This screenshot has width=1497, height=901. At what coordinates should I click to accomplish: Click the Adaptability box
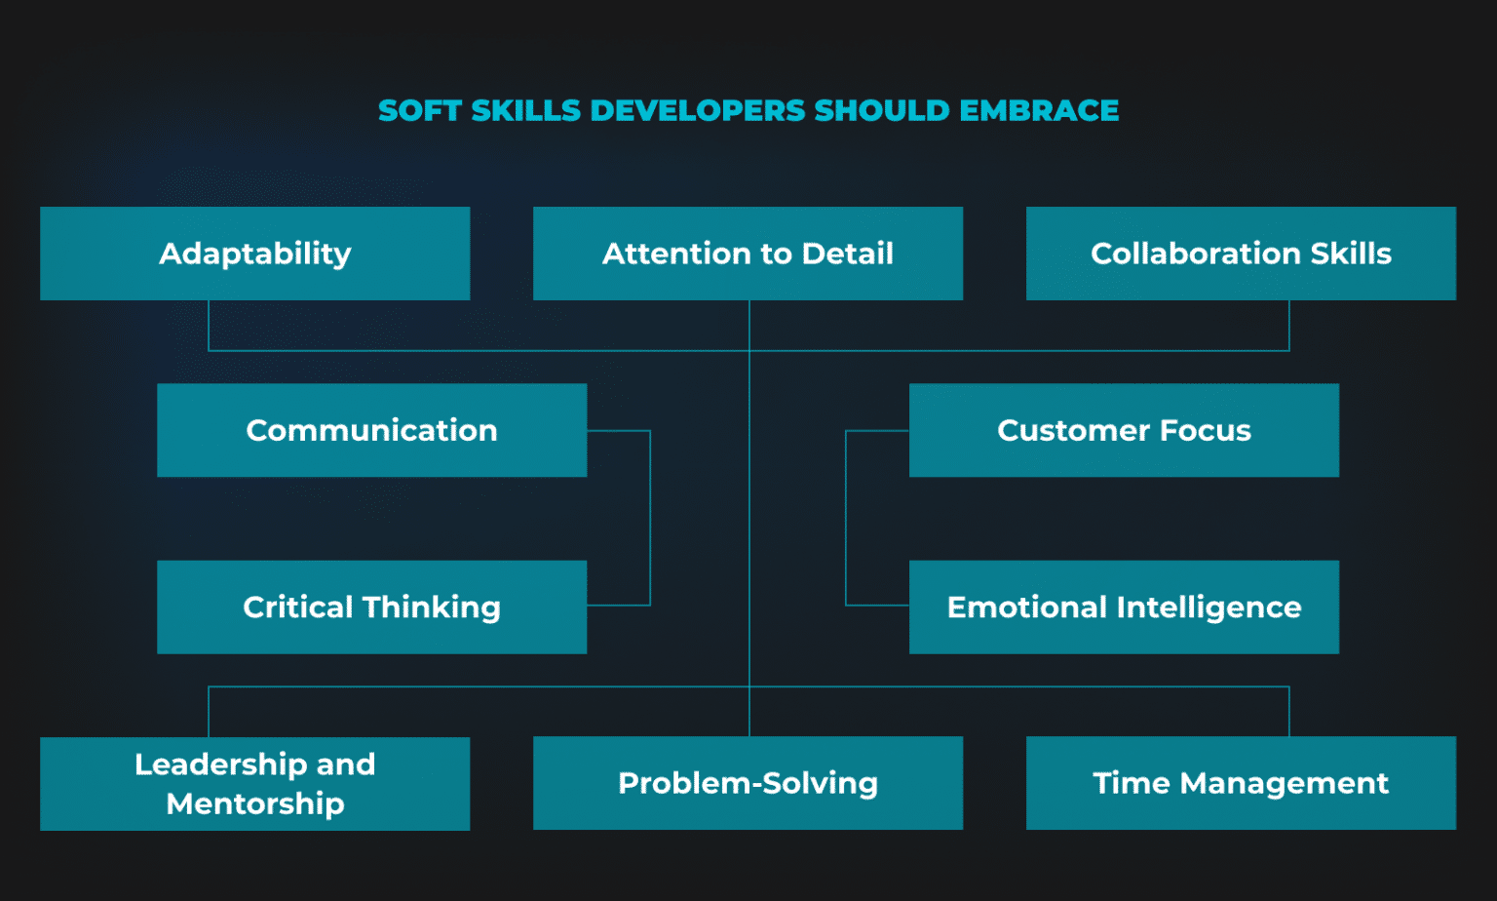pyautogui.click(x=254, y=254)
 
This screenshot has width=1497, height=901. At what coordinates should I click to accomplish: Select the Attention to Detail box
pyautogui.click(x=748, y=254)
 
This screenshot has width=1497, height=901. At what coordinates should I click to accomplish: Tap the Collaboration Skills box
pyautogui.click(x=1241, y=254)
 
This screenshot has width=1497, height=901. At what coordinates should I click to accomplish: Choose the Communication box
pyautogui.click(x=371, y=430)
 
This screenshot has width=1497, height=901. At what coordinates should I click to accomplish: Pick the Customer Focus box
pyautogui.click(x=1124, y=430)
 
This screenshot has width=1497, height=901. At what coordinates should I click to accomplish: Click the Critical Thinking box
pyautogui.click(x=371, y=607)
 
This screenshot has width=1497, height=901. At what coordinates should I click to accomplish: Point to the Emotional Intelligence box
pyautogui.click(x=1124, y=607)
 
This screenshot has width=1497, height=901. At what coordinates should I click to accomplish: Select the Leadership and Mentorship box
pyautogui.click(x=254, y=783)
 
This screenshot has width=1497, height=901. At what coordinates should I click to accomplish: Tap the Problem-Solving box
pyautogui.click(x=748, y=783)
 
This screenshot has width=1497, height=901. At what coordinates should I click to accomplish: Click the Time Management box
pyautogui.click(x=1241, y=783)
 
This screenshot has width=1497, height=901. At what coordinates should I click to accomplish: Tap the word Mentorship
pyautogui.click(x=255, y=803)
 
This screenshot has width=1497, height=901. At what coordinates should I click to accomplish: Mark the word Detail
pyautogui.click(x=847, y=254)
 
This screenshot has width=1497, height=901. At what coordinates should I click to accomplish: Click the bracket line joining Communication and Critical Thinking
pyautogui.click(x=650, y=518)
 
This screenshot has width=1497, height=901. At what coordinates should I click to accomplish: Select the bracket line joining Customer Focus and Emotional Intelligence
pyautogui.click(x=846, y=518)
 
